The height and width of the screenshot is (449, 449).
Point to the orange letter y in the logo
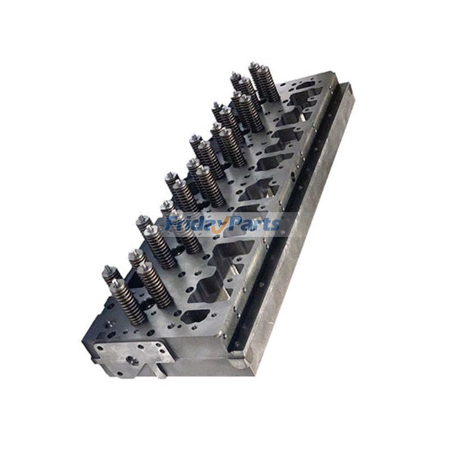coord(221,226)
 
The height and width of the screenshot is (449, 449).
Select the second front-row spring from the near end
coord(154,283)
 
